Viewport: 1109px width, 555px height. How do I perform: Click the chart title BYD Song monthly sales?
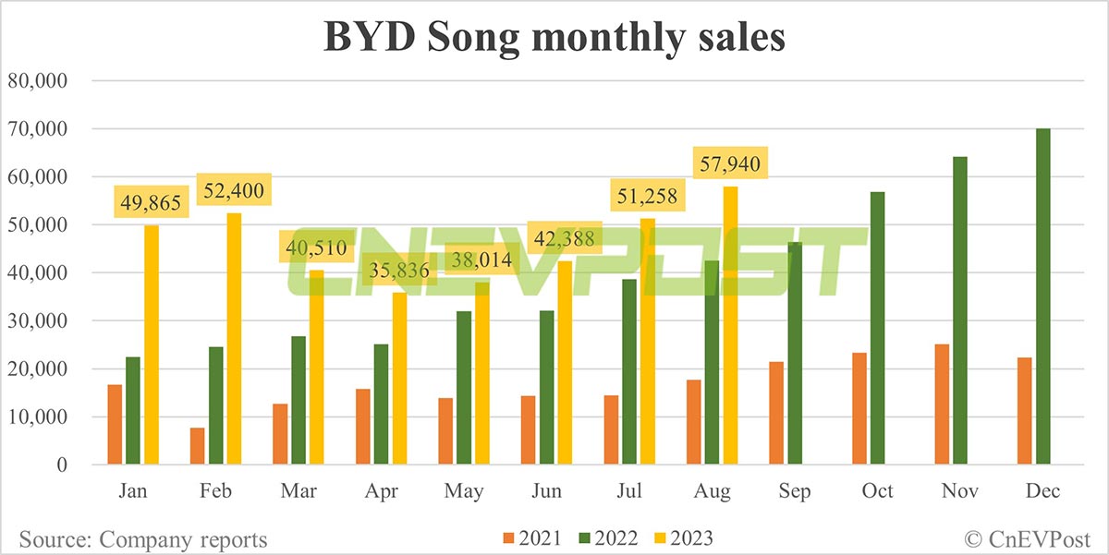point(554,38)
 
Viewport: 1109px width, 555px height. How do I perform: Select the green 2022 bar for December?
point(1043,296)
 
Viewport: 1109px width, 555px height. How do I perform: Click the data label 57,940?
point(730,166)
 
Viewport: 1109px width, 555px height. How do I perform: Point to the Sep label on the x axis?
point(794,491)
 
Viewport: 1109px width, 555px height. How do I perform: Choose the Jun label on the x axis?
point(547,491)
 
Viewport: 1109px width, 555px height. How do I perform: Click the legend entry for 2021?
point(532,537)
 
